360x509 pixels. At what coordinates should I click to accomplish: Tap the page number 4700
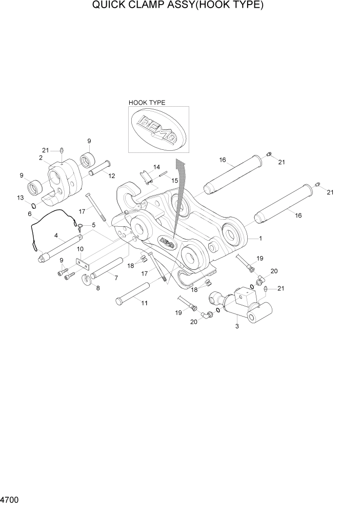tap(9, 499)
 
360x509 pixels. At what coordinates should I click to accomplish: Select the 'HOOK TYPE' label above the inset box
tap(147, 103)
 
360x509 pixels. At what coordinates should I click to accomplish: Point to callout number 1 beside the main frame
tap(261, 239)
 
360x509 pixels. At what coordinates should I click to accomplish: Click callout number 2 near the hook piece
tap(40, 158)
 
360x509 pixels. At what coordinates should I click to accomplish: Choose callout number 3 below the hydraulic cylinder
tap(237, 326)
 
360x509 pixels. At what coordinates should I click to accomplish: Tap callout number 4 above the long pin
tap(55, 236)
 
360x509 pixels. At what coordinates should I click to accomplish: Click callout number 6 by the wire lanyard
tap(30, 214)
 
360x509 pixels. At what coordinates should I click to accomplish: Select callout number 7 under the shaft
tap(116, 278)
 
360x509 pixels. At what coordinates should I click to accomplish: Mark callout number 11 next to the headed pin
tap(145, 303)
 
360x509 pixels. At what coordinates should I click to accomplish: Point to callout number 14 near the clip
tap(156, 167)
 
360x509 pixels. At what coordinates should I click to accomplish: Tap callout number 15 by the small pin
tap(174, 181)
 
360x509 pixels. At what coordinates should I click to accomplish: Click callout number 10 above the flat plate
tap(80, 249)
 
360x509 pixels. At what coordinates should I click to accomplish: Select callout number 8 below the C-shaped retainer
tap(97, 288)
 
